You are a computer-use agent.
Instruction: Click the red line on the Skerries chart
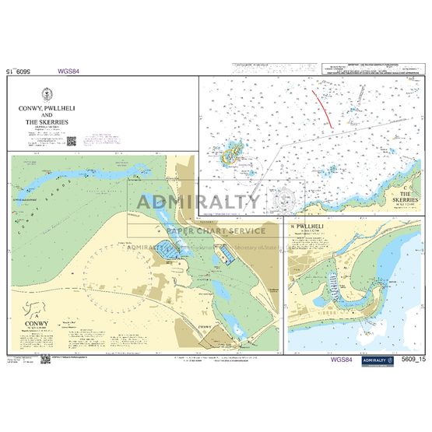[x=323, y=107]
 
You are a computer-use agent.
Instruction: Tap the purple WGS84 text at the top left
[x=68, y=71]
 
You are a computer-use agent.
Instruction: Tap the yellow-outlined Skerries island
[x=230, y=155]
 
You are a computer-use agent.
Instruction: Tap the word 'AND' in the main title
[x=47, y=115]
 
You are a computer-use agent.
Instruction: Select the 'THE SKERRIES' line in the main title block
[x=47, y=122]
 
